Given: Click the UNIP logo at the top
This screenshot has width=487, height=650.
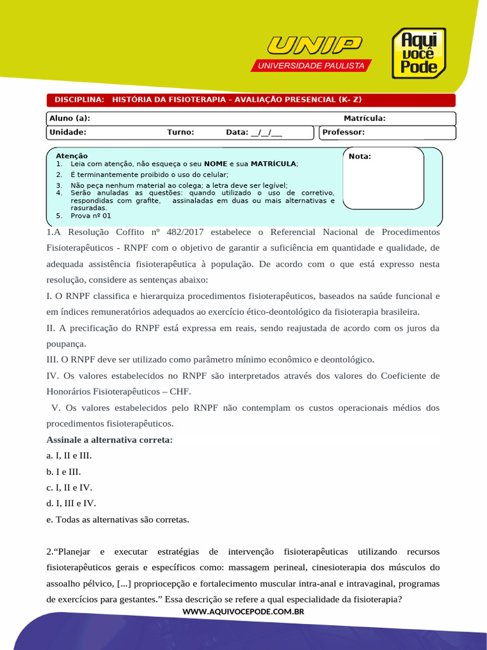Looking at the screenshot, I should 315,46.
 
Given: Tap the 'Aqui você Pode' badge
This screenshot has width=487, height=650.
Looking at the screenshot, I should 419,53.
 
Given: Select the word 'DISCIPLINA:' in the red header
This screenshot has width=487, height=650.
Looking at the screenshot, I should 79,100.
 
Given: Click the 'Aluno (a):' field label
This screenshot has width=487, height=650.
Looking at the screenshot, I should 70,118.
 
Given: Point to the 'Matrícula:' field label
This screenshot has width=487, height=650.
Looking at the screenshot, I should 365,118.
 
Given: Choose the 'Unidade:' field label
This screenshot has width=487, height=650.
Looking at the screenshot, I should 68,133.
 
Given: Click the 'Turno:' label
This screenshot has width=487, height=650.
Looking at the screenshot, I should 180,133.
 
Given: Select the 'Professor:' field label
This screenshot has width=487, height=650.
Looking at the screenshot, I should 344,133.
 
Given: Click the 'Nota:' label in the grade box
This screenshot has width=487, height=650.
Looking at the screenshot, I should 360,157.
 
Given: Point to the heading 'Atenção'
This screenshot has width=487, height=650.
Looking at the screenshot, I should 72,156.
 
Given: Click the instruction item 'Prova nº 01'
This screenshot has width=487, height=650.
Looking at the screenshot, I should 91,216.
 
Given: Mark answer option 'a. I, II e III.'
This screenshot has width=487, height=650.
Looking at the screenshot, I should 69,456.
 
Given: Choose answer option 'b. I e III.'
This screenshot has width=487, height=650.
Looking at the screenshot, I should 63,472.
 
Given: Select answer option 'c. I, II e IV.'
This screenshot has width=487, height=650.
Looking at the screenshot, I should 69,487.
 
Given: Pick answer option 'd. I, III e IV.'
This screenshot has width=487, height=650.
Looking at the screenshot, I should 71,503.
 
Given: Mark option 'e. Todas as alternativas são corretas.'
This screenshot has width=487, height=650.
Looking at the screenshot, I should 118,519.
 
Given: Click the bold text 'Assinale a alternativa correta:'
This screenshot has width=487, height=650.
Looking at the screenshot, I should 110,439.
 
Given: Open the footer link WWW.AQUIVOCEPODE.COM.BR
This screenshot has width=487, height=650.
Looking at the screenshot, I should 243,611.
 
